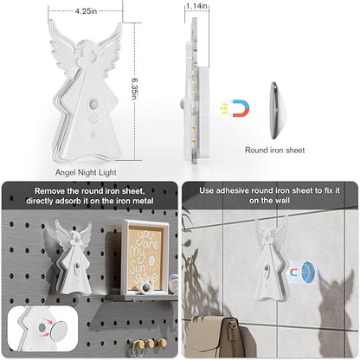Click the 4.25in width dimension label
coord(86,11)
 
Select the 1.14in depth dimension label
coord(196,6)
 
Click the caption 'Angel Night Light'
coord(86,172)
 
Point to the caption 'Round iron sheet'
coord(274,150)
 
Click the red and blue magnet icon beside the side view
coord(241,108)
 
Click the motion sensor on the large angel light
coord(93,103)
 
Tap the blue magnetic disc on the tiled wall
coord(308,272)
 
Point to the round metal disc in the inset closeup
coord(59,331)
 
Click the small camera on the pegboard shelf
coord(145,287)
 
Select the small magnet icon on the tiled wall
coord(294,273)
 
